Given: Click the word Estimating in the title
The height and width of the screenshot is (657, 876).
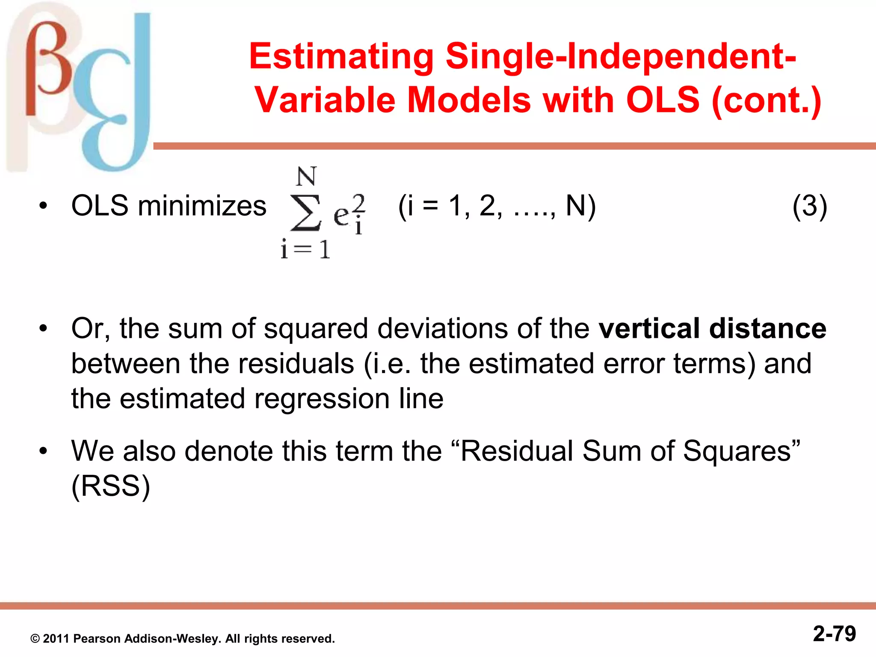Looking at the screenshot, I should (341, 56).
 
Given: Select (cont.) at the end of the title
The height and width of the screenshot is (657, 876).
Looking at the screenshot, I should (766, 100).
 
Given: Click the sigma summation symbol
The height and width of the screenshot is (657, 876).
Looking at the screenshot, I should (305, 213).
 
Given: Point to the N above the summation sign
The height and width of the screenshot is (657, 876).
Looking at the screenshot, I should (306, 176).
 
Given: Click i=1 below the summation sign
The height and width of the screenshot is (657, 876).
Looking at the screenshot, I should (305, 249).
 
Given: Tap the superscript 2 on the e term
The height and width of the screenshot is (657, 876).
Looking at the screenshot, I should (359, 202).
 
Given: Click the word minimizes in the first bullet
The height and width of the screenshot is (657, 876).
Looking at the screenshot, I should (202, 206).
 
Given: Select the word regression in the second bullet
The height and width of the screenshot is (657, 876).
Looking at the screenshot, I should (322, 399).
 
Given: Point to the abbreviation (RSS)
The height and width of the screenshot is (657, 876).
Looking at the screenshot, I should (110, 486).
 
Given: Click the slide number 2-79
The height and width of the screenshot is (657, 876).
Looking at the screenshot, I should (834, 634).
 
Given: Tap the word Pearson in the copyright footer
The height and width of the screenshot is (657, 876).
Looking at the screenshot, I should (97, 639).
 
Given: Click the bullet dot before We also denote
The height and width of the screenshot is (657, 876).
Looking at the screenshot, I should (43, 451).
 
